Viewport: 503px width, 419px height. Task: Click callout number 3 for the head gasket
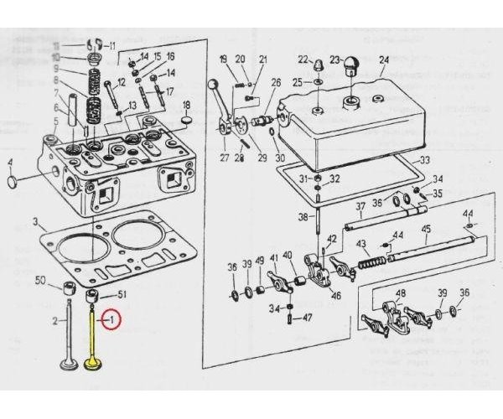click(x=34, y=222)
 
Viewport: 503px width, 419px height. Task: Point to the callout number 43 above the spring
click(x=362, y=244)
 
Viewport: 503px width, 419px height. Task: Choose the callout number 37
click(x=360, y=206)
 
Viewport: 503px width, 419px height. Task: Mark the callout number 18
click(x=187, y=105)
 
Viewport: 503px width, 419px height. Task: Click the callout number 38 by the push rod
click(x=303, y=218)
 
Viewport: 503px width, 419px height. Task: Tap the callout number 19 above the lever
click(x=223, y=59)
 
